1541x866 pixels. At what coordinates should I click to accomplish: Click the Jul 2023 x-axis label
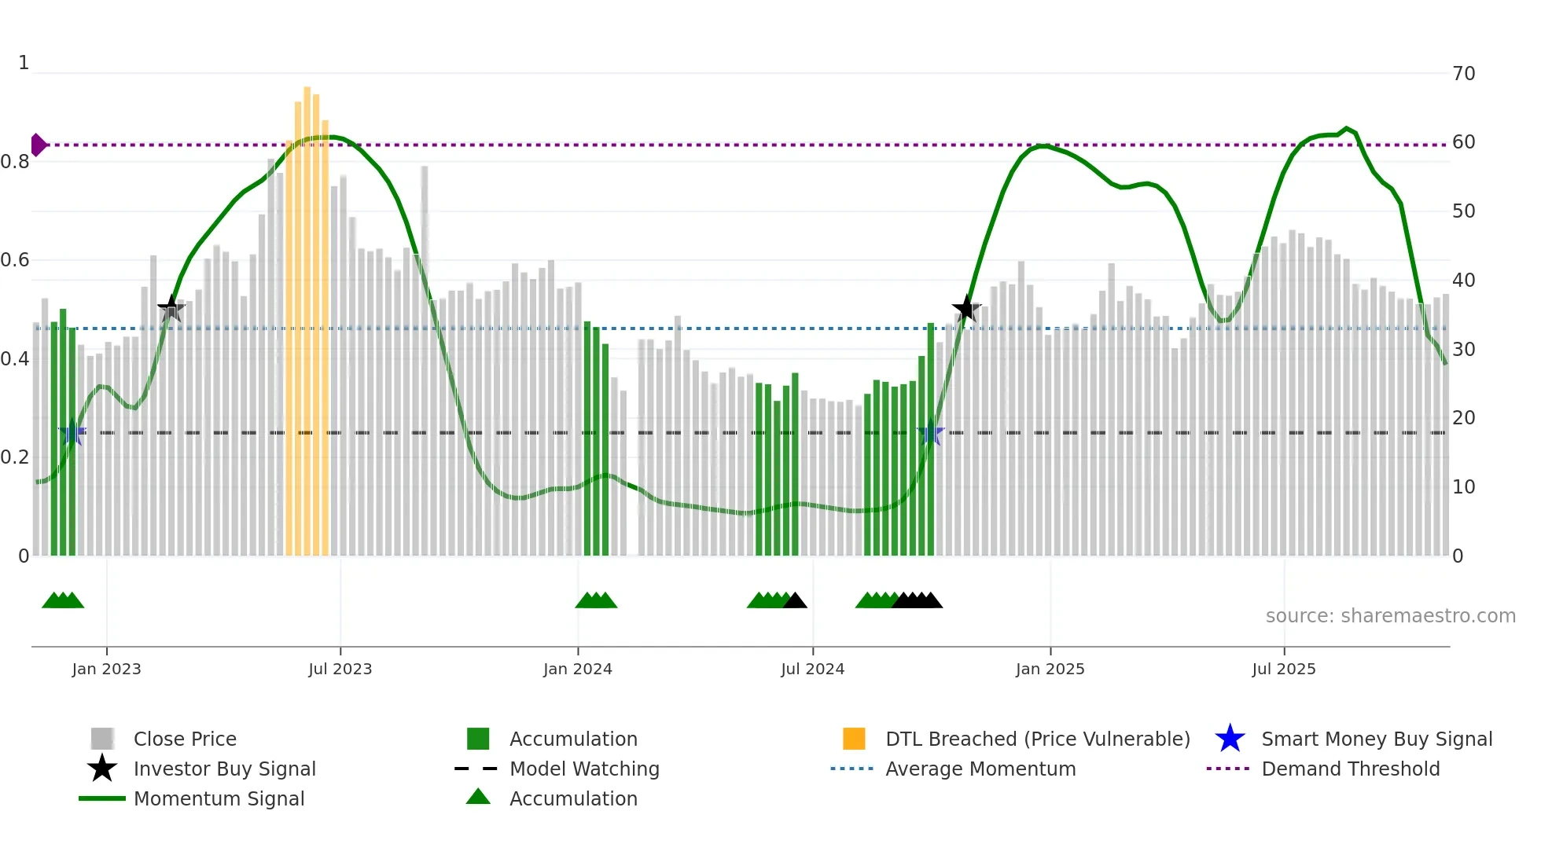(x=340, y=669)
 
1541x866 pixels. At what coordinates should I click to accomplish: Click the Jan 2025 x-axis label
(x=1050, y=669)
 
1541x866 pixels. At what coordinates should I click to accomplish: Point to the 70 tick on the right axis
(x=1463, y=74)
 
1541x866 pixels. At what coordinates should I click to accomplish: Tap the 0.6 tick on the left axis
(x=15, y=260)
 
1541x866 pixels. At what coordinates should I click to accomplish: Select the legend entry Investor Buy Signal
(x=224, y=769)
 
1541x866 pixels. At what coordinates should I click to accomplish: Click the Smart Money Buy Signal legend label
(x=1376, y=739)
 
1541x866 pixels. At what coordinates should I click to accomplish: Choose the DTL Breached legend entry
(x=1037, y=739)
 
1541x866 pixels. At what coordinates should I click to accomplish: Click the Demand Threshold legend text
(x=1350, y=769)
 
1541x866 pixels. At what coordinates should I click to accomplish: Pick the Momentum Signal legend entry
(x=219, y=798)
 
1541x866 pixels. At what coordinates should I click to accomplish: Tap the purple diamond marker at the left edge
(x=38, y=145)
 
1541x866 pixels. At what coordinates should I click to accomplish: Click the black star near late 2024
(x=966, y=308)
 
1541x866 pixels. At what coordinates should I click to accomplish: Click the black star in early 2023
(x=171, y=308)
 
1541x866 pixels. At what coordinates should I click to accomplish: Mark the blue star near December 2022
(x=72, y=432)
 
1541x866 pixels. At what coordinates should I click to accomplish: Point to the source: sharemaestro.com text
(x=1390, y=616)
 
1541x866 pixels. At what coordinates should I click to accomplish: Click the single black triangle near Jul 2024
(x=795, y=601)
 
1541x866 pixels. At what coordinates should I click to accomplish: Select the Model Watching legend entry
(x=584, y=769)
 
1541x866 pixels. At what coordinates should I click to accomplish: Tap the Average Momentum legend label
(x=980, y=769)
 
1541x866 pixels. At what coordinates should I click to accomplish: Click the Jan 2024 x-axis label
(x=577, y=669)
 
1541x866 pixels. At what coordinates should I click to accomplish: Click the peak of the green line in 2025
(x=1347, y=128)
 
